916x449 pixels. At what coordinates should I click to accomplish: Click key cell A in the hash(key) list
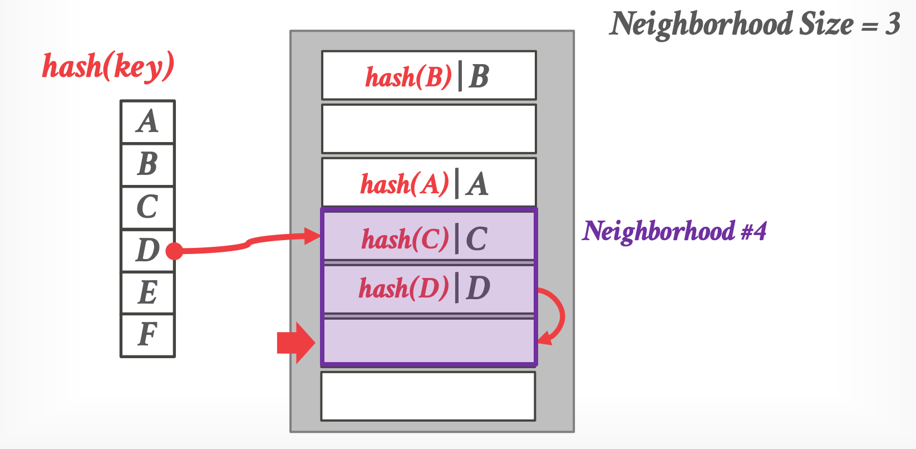147,121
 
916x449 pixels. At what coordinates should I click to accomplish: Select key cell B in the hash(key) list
147,164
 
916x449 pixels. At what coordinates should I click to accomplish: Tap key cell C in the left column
147,207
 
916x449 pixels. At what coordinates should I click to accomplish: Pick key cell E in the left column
147,293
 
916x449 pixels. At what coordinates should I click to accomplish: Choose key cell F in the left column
147,335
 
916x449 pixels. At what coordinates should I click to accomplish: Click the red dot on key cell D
174,251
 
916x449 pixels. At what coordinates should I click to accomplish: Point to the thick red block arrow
296,343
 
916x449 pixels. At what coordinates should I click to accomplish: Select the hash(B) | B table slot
429,76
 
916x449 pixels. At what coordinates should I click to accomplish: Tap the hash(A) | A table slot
429,183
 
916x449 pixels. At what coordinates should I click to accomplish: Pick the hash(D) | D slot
429,289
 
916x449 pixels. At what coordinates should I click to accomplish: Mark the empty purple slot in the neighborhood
429,341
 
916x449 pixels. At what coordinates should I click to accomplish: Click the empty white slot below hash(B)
429,129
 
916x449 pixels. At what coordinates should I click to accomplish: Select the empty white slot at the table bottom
429,396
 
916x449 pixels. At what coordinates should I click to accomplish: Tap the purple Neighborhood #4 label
674,231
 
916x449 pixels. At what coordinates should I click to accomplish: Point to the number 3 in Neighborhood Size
893,24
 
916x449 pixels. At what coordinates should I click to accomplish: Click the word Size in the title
826,24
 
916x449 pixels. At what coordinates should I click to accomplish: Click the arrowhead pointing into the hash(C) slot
313,236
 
